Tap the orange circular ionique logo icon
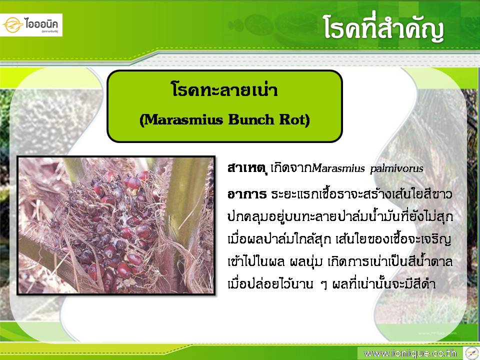[13, 25]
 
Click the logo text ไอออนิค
[42, 23]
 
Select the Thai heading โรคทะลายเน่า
[224, 90]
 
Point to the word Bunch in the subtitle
[251, 119]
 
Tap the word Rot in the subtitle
[294, 119]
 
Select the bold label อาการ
[246, 194]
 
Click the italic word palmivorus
[396, 168]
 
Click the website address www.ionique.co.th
[410, 353]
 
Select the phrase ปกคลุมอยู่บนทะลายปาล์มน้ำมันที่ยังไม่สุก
[340, 216]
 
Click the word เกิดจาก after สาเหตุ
[291, 168]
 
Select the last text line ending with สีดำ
[331, 284]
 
